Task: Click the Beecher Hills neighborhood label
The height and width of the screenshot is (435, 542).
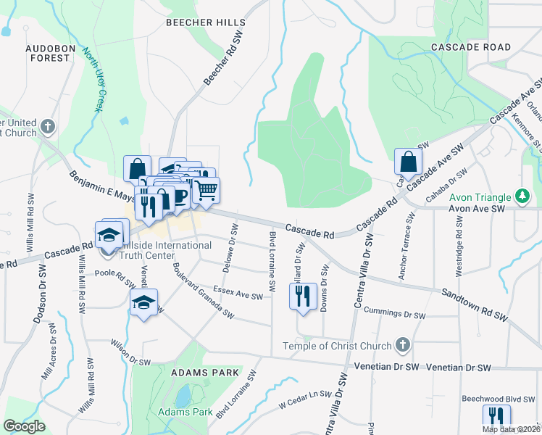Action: click(201, 22)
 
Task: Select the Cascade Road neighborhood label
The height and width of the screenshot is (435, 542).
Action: click(470, 47)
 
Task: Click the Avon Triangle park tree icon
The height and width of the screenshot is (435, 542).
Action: click(520, 196)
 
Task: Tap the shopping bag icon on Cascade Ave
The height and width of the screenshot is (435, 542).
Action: click(408, 162)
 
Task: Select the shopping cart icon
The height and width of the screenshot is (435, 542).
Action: click(207, 190)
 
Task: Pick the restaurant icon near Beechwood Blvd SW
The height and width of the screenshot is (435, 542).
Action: click(496, 417)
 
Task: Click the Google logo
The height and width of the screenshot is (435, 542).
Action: click(25, 426)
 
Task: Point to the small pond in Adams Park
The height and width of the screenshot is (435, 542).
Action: click(183, 396)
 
